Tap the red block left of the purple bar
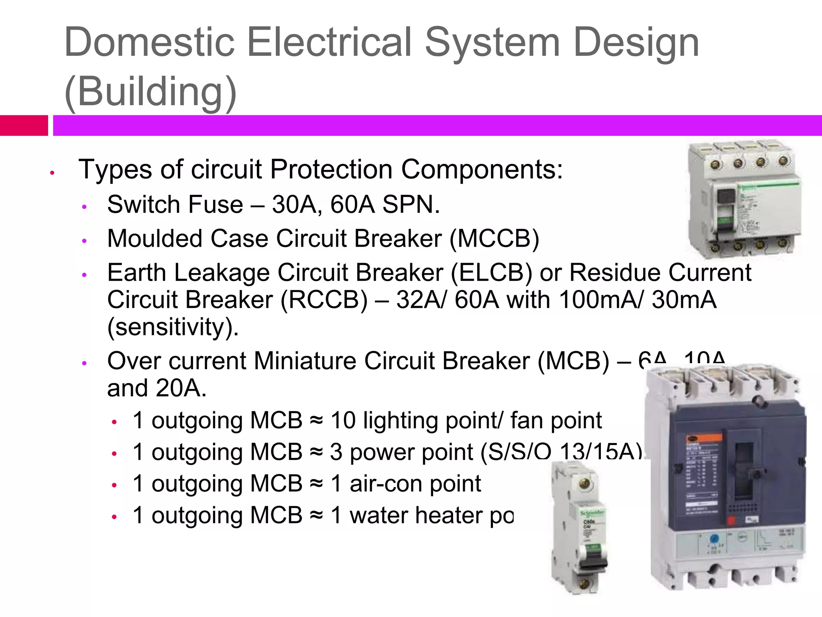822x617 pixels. tap(24, 125)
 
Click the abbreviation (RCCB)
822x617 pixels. tap(324, 300)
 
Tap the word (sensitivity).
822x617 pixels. tap(173, 327)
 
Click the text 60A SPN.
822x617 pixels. tap(385, 204)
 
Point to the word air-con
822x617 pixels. tap(415, 484)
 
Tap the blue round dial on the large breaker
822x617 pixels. tap(714, 539)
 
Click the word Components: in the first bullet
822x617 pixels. tap(482, 169)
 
